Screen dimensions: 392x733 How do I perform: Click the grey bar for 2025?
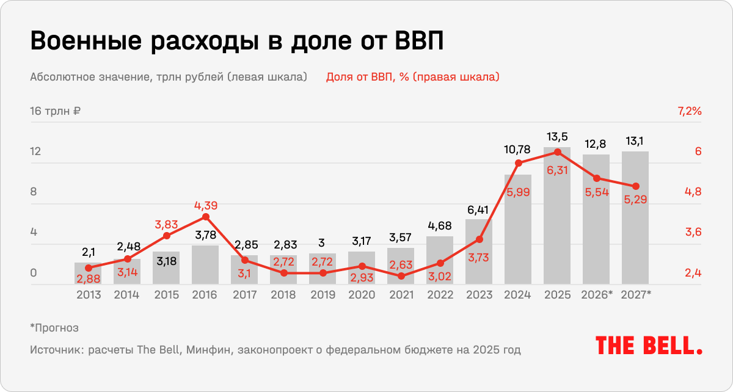pos(557,220)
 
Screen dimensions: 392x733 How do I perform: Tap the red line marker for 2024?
pos(518,163)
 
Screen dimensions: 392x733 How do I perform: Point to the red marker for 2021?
pos(401,276)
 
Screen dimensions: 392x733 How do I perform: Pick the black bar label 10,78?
pos(518,148)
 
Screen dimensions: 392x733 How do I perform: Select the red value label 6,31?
pos(557,171)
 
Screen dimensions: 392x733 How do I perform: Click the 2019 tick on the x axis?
pos(323,294)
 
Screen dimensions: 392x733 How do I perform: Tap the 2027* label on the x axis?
pos(635,294)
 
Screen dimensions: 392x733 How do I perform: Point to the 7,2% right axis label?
pos(690,112)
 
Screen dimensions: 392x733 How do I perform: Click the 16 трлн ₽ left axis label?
pos(55,112)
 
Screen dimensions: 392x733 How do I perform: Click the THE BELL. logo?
pos(649,345)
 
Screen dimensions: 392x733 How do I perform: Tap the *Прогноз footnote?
pos(54,328)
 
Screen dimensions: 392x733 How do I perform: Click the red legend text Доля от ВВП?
pos(360,78)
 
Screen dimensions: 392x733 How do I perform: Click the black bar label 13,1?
pos(635,141)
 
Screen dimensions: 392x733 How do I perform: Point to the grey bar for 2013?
pos(88,274)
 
